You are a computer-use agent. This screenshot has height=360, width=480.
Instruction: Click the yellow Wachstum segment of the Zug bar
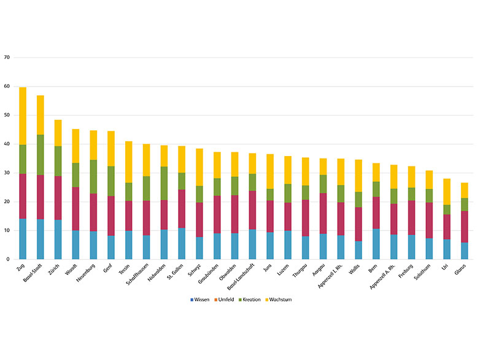(x=23, y=116)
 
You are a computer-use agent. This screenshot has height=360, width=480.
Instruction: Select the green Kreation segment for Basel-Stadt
(x=41, y=155)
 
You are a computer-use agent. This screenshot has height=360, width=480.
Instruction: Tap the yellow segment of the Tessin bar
(x=129, y=162)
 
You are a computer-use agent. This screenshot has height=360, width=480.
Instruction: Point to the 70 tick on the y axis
(x=7, y=58)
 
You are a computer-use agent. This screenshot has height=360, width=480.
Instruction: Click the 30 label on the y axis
(x=7, y=173)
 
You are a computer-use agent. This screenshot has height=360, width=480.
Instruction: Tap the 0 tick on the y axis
(x=8, y=260)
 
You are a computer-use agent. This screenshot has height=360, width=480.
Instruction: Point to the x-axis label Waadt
(x=72, y=270)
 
